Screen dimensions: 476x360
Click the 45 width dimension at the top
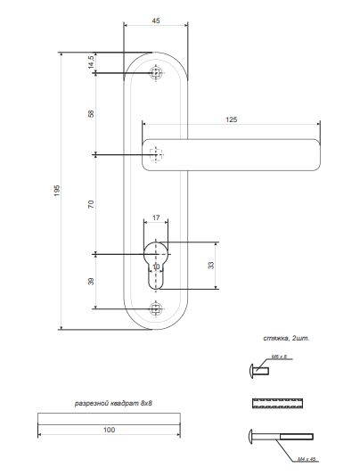pos(156,20)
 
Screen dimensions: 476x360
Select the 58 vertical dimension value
pos(91,114)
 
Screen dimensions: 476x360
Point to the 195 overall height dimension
pos(56,191)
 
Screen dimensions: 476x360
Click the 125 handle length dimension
pos(231,119)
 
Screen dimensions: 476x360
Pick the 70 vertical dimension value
pos(91,205)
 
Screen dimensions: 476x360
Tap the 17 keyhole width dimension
pos(156,217)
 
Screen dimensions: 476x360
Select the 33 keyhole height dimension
pos(210,266)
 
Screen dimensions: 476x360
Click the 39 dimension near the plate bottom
pos(91,282)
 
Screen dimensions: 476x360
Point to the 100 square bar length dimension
pos(109,430)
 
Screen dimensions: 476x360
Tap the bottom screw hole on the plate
pos(157,308)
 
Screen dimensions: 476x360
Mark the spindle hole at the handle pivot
pos(158,155)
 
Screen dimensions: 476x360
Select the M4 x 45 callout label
pos(306,459)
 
